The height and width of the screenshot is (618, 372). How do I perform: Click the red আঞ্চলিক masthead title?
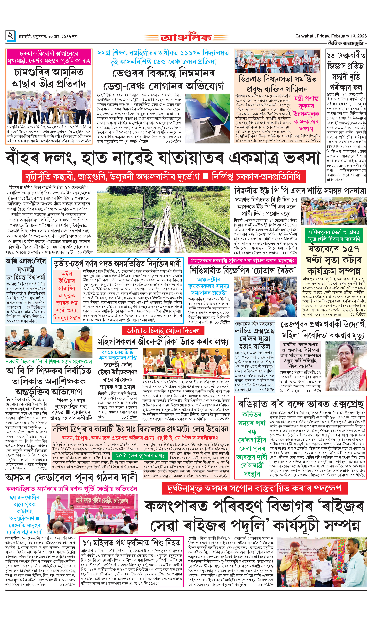tap(186, 38)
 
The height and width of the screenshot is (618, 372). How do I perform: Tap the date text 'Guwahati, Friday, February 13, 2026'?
tap(331, 36)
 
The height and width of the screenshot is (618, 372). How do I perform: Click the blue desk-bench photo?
tap(207, 118)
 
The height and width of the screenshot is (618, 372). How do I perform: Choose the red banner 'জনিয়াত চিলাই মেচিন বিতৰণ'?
tap(163, 331)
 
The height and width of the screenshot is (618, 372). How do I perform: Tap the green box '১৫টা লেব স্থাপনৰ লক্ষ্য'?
tap(140, 455)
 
